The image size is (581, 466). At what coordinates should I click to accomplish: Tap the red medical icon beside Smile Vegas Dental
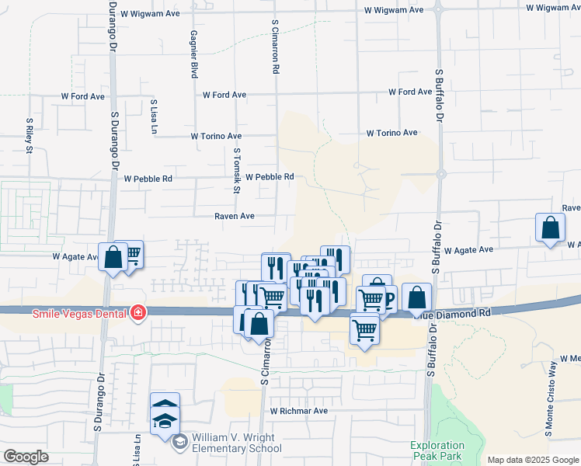137,312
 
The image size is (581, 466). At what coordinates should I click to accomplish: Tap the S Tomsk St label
237,171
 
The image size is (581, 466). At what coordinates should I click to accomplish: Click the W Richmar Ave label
299,410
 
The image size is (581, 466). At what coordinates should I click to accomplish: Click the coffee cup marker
384,297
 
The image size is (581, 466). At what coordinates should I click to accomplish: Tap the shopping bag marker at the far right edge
550,228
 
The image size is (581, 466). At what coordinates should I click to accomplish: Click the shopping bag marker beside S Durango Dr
113,256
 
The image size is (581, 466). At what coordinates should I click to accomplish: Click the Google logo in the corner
26,456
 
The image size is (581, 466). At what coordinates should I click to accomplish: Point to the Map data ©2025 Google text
533,460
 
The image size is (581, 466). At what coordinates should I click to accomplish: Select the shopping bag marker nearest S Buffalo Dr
416,297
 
